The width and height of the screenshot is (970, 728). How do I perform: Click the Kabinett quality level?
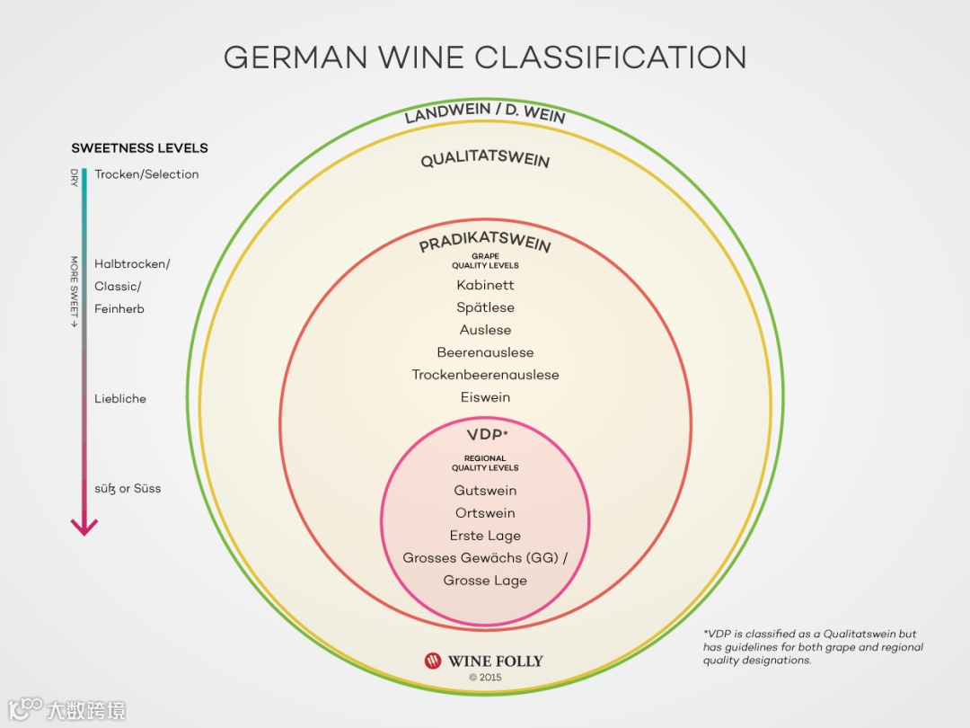pyautogui.click(x=485, y=285)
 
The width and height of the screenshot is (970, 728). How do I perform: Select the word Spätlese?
pyautogui.click(x=485, y=307)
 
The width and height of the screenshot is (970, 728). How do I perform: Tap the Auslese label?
pyautogui.click(x=485, y=330)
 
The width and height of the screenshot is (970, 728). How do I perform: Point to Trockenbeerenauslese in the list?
pyautogui.click(x=485, y=375)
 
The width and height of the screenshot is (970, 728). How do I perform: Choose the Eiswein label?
pyautogui.click(x=485, y=397)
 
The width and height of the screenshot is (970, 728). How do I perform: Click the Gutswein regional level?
pyautogui.click(x=485, y=491)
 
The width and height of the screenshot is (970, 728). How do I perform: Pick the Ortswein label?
pyautogui.click(x=485, y=513)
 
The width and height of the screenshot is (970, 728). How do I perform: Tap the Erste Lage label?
pyautogui.click(x=485, y=536)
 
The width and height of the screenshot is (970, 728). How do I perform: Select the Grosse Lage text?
pyautogui.click(x=485, y=581)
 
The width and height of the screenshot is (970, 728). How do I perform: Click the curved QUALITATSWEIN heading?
pyautogui.click(x=485, y=161)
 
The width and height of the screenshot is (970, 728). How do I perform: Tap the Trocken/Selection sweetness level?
pyautogui.click(x=146, y=174)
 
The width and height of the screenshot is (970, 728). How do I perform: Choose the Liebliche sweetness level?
pyautogui.click(x=120, y=398)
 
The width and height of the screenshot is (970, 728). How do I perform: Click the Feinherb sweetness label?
pyautogui.click(x=119, y=309)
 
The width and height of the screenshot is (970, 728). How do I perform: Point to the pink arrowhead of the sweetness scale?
pyautogui.click(x=84, y=527)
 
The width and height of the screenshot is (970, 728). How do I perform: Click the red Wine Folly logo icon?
pyautogui.click(x=433, y=661)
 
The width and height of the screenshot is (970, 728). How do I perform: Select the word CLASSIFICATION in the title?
pyautogui.click(x=611, y=58)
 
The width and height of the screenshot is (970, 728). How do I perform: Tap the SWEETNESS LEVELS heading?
pyautogui.click(x=139, y=148)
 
